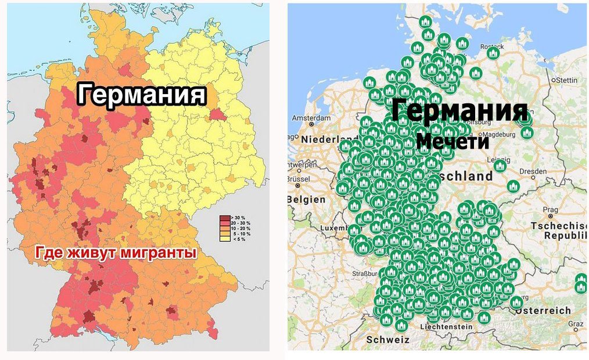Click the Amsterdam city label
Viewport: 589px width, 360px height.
[311, 118]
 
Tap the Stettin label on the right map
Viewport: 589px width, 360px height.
[567, 80]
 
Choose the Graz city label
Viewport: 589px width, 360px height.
[576, 324]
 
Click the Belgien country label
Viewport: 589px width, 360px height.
[307, 199]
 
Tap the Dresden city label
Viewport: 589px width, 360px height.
[533, 171]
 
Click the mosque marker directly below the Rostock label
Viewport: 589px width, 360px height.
[493, 53]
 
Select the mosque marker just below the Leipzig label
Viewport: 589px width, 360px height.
[500, 166]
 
